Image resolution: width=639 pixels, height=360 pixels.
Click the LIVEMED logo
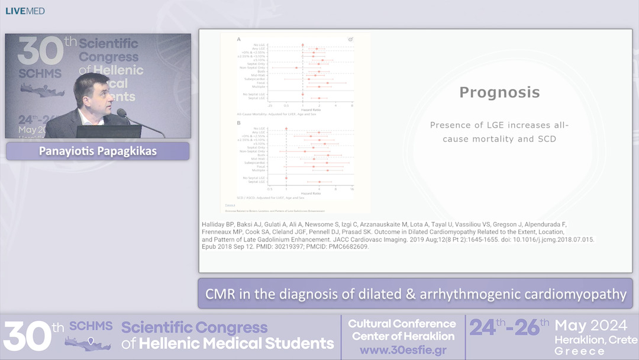25,11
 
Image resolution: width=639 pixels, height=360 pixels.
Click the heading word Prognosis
499,92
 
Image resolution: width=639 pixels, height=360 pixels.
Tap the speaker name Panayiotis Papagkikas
98,151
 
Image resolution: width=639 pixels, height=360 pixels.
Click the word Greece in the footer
579,351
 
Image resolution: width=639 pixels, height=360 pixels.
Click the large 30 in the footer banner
27,336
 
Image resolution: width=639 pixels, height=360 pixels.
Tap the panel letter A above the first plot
238,39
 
